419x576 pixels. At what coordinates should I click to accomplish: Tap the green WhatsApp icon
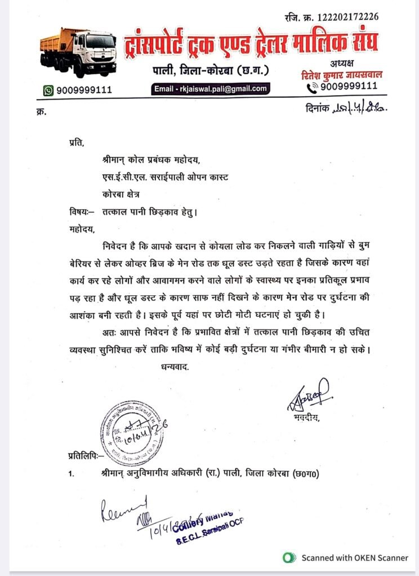click(48, 90)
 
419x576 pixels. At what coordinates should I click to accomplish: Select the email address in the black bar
click(211, 88)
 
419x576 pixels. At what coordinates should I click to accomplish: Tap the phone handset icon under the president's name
click(312, 88)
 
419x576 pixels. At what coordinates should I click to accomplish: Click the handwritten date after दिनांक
click(360, 107)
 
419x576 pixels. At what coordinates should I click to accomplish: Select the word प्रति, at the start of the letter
click(75, 143)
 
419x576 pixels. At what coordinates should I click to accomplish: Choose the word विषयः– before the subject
click(78, 211)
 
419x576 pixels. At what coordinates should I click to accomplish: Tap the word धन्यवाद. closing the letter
click(171, 366)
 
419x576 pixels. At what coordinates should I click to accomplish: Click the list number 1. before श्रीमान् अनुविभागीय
click(71, 475)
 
